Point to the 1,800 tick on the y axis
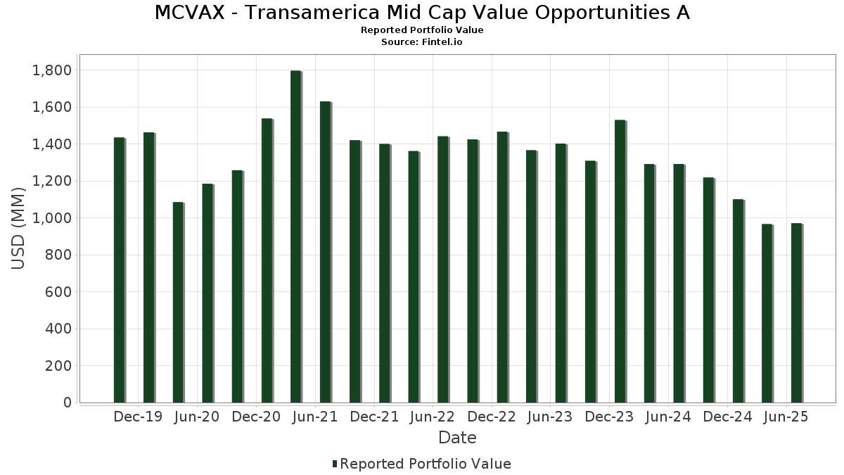(x=51, y=70)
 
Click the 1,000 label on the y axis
(x=51, y=218)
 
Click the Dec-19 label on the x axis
(x=138, y=417)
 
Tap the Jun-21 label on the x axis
(x=315, y=417)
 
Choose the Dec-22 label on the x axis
(x=492, y=417)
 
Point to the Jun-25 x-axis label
(x=786, y=417)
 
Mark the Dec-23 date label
(x=610, y=417)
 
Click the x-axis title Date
(x=457, y=438)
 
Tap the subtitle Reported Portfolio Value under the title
(x=422, y=30)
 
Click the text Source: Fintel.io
(x=422, y=42)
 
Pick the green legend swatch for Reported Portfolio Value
(x=335, y=464)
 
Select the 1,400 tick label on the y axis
(x=51, y=144)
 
